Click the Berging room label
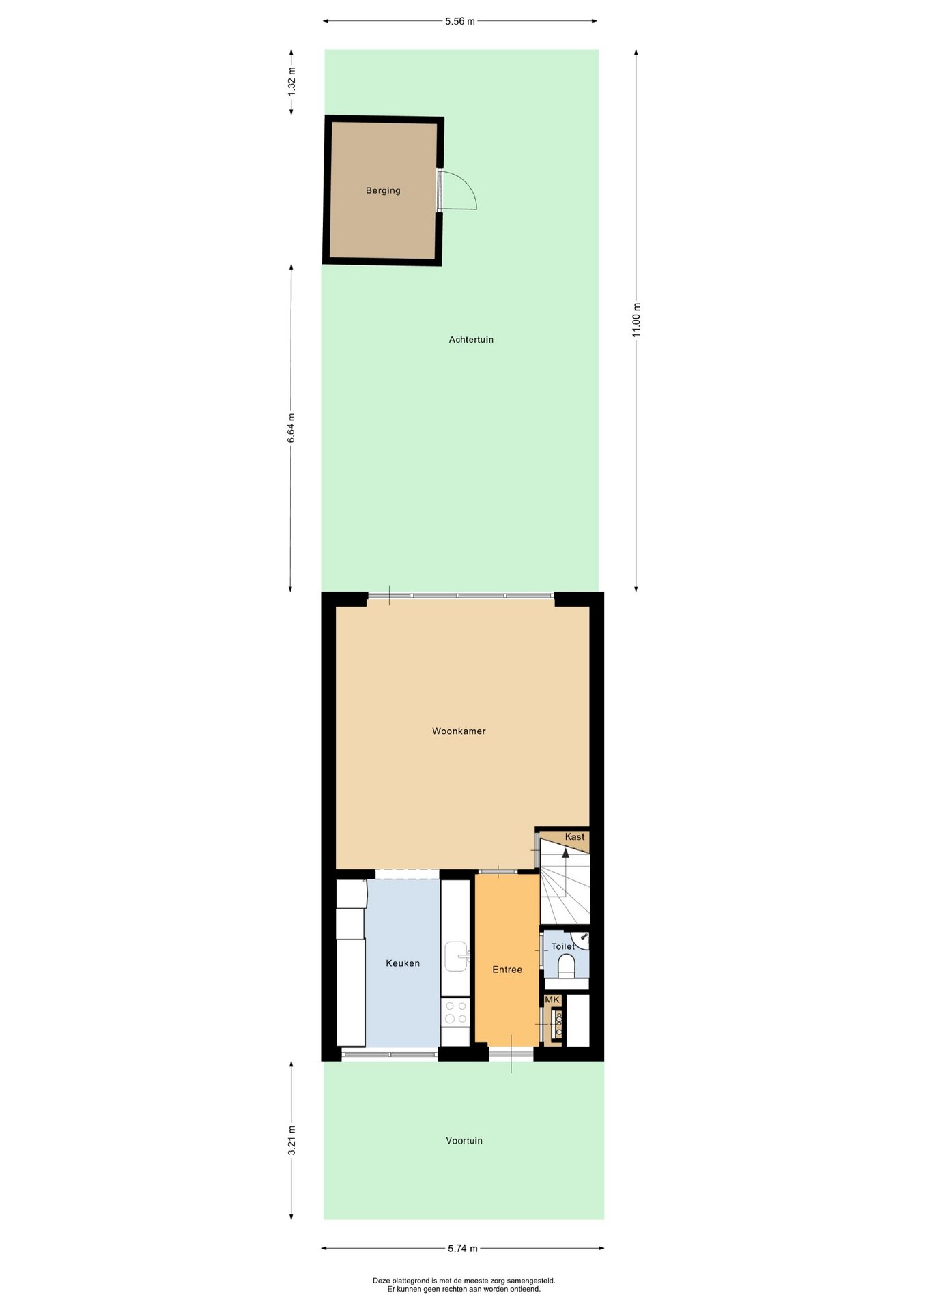coord(383,190)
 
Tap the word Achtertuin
coord(471,339)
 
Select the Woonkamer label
coord(459,731)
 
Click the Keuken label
coord(403,963)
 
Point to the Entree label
coord(507,970)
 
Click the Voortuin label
coord(464,1141)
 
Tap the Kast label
coord(575,836)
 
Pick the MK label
coord(552,1000)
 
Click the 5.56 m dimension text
coord(460,21)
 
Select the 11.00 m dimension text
coord(636,319)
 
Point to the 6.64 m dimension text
coord(291,428)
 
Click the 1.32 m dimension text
coord(291,80)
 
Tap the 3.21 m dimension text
coord(291,1140)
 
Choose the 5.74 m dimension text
coord(463,1249)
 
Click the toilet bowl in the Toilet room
coord(567,966)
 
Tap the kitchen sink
coord(457,956)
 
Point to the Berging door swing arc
coord(467,184)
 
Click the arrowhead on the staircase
coord(565,852)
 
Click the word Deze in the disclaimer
coord(380,1281)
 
